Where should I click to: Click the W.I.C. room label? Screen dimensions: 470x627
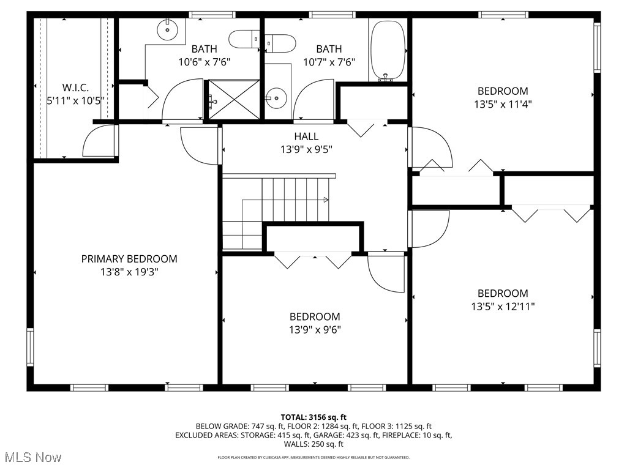click(76, 87)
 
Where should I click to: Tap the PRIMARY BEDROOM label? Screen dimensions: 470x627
click(129, 259)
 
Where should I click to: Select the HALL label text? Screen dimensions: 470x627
click(306, 136)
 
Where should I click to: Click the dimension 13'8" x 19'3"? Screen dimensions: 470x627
click(129, 272)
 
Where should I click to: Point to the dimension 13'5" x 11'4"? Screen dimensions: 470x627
click(503, 104)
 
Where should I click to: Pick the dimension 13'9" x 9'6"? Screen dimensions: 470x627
click(315, 330)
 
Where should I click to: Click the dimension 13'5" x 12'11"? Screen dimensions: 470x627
click(503, 306)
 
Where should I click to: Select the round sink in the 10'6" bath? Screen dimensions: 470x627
click(167, 28)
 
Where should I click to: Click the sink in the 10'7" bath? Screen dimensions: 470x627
click(277, 97)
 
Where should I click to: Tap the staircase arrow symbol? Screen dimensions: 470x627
click(326, 199)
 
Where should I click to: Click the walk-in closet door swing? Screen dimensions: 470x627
click(98, 141)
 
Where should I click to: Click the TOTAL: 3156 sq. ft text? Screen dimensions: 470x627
click(313, 417)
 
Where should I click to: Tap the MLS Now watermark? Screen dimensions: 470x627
click(32, 457)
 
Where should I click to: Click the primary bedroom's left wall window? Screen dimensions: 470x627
click(30, 348)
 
